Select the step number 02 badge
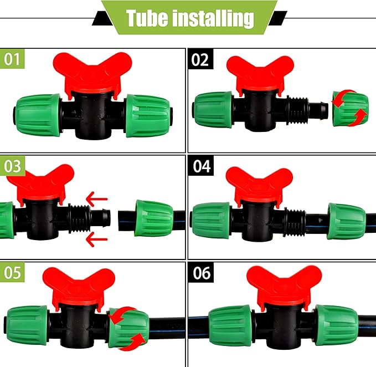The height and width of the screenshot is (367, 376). click(x=199, y=59)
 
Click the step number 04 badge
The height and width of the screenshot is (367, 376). click(x=199, y=166)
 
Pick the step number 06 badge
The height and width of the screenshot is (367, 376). click(x=199, y=272)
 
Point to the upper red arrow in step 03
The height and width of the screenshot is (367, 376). click(x=97, y=197)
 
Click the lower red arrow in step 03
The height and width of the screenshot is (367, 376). click(x=97, y=239)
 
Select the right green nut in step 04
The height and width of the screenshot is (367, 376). click(x=346, y=221)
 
